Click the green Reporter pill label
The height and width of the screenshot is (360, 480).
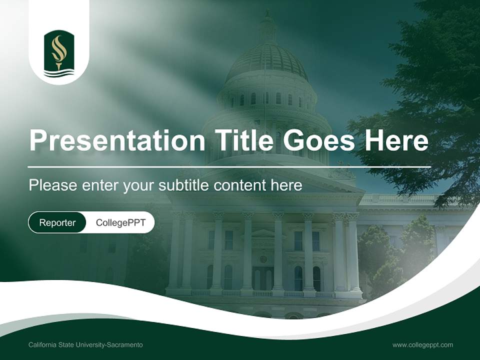coord(57,222)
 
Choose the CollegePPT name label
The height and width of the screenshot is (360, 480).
coord(120,222)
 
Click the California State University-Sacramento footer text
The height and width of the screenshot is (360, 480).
coord(85,345)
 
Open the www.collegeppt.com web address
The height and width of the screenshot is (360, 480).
coord(422,345)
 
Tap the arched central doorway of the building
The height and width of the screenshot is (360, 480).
coord(263,277)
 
